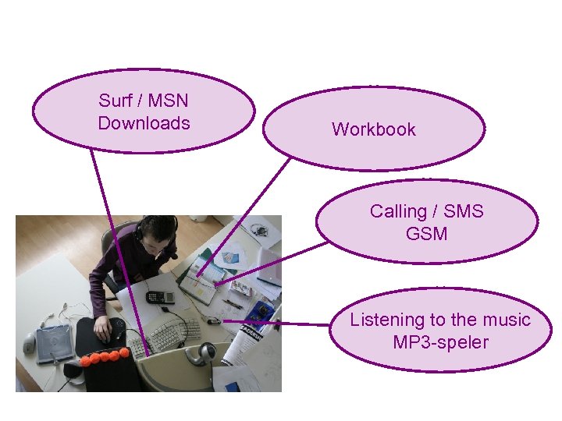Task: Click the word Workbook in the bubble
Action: [x=373, y=129]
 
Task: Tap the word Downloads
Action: [x=144, y=123]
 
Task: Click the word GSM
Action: [x=426, y=233]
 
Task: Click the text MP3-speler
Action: [x=440, y=342]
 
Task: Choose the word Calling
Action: [x=398, y=211]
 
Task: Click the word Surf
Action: [x=116, y=101]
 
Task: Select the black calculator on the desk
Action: [x=159, y=297]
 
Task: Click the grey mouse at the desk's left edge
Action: [x=30, y=342]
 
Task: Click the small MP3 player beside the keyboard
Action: [x=212, y=320]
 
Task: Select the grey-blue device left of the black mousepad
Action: [x=55, y=340]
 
